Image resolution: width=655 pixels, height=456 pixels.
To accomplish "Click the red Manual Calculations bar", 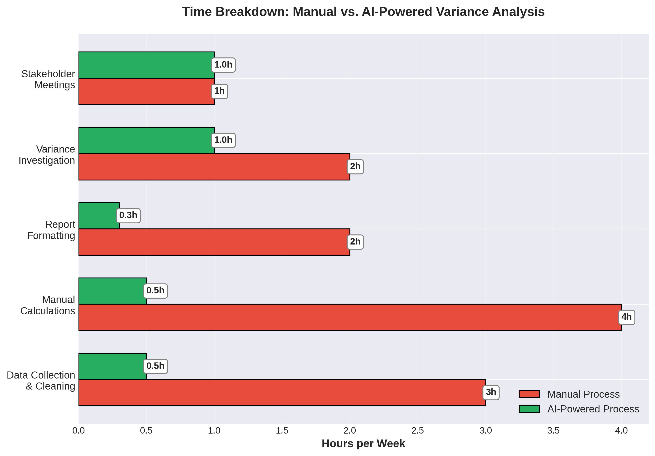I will coord(349,317).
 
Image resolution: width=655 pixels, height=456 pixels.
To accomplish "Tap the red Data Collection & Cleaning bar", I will coord(282,392).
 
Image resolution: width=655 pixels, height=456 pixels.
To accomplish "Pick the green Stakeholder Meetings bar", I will coord(146,65).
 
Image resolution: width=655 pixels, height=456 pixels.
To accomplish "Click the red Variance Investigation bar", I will coord(214,167).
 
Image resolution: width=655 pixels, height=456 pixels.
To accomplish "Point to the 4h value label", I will coord(627,317).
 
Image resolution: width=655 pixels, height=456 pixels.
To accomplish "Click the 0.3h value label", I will coord(128,215).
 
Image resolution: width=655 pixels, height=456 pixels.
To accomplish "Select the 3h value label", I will coord(491,392).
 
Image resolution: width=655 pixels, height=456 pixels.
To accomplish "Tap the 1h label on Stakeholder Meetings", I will coord(220,91).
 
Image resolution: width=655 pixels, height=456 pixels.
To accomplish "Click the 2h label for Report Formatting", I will coord(355,242).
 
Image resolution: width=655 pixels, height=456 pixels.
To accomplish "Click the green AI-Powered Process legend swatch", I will coord(529,409).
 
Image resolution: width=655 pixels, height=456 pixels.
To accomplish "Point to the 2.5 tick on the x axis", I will coord(418,431).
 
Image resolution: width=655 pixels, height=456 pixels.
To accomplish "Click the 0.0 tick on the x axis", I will coord(79,431).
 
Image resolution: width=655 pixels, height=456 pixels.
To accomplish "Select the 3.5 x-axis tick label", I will coord(553,431).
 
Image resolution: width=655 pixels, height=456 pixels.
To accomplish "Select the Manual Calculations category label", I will coord(48,305).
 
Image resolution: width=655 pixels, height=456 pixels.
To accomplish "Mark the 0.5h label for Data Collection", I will coord(155,366).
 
